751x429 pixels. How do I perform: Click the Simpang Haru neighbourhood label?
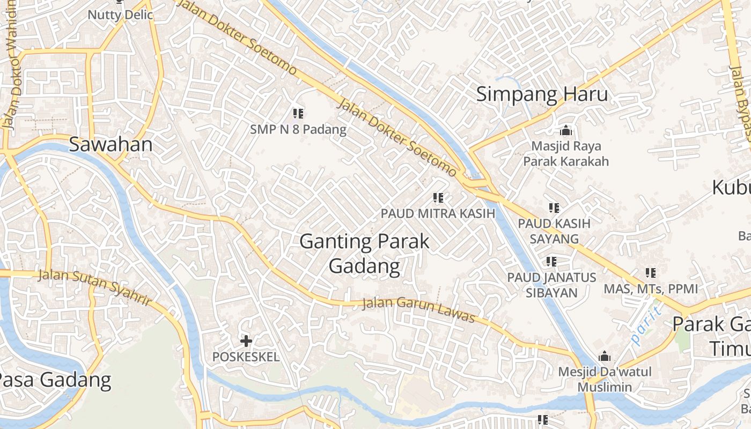pyautogui.click(x=542, y=94)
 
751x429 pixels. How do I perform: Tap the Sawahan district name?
pyautogui.click(x=111, y=145)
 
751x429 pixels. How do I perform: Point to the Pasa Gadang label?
pyautogui.click(x=55, y=380)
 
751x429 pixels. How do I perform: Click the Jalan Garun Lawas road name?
pyautogui.click(x=418, y=310)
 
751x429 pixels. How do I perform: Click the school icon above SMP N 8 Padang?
pyautogui.click(x=299, y=113)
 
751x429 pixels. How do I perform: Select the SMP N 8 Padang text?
pyautogui.click(x=298, y=130)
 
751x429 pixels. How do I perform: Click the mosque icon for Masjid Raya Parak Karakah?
pyautogui.click(x=566, y=130)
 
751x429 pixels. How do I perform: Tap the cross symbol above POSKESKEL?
pyautogui.click(x=246, y=341)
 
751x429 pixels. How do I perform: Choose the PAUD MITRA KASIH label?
pyautogui.click(x=438, y=213)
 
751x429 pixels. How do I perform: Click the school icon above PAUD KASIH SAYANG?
pyautogui.click(x=554, y=208)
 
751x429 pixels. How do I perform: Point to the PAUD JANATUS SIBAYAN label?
pyautogui.click(x=552, y=285)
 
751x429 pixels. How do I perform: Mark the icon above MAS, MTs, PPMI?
pyautogui.click(x=651, y=273)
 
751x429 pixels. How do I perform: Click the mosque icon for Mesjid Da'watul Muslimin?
pyautogui.click(x=605, y=356)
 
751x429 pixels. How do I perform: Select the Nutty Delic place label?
pyautogui.click(x=120, y=14)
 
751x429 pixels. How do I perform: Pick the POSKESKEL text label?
pyautogui.click(x=246, y=357)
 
